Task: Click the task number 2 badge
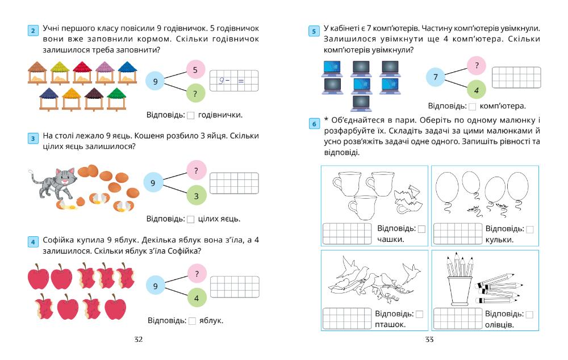[33, 31]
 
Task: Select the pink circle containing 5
[195, 70]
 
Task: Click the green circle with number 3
[196, 195]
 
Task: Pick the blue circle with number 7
[435, 77]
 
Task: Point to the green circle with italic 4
[476, 90]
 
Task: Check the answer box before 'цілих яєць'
[191, 219]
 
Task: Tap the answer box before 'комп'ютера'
[472, 106]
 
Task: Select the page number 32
[138, 340]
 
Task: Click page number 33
[429, 340]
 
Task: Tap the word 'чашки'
[390, 240]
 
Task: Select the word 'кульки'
[500, 240]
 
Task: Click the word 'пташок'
[390, 325]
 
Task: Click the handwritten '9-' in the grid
[223, 81]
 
